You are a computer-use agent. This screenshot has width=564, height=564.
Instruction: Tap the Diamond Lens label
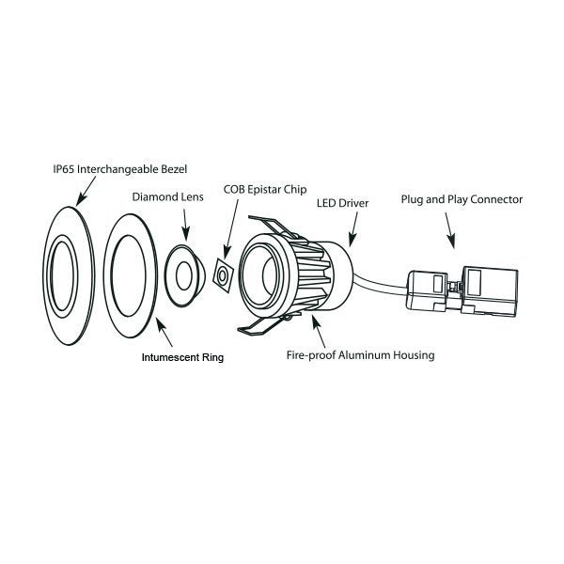tap(166, 198)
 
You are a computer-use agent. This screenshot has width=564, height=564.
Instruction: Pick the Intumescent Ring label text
tap(182, 357)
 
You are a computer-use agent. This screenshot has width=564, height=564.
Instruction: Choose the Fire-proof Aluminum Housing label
tap(361, 356)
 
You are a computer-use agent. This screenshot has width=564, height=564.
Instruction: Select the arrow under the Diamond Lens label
tap(186, 224)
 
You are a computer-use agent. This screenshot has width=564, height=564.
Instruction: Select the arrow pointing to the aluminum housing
tap(319, 330)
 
